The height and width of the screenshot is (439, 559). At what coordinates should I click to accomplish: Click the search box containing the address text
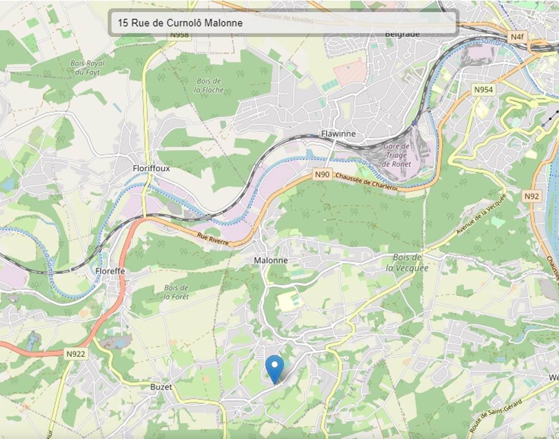click(283, 23)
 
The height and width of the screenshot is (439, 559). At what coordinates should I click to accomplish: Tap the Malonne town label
click(271, 260)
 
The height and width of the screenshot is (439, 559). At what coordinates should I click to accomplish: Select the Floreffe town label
click(110, 271)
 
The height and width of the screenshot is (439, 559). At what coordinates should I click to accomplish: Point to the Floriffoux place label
click(151, 168)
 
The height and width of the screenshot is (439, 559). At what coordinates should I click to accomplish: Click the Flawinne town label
click(338, 134)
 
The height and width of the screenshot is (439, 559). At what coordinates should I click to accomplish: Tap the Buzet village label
click(161, 387)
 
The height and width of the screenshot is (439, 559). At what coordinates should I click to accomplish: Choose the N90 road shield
click(322, 174)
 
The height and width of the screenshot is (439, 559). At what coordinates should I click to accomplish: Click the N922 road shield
click(75, 354)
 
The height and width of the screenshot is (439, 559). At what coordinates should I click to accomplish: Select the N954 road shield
click(483, 90)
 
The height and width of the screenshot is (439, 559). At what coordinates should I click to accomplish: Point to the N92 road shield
click(531, 196)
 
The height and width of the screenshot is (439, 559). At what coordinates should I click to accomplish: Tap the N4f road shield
click(517, 37)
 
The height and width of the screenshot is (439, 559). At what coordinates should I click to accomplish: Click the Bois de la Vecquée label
click(407, 263)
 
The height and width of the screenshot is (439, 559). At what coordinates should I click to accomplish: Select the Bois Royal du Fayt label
click(87, 67)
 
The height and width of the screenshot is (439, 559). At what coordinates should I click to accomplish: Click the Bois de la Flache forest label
click(209, 85)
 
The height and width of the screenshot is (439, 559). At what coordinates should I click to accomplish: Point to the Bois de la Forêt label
click(176, 292)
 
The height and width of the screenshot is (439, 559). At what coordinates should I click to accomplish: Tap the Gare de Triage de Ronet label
click(396, 155)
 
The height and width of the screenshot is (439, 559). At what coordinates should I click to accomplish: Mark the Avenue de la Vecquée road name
click(481, 214)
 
